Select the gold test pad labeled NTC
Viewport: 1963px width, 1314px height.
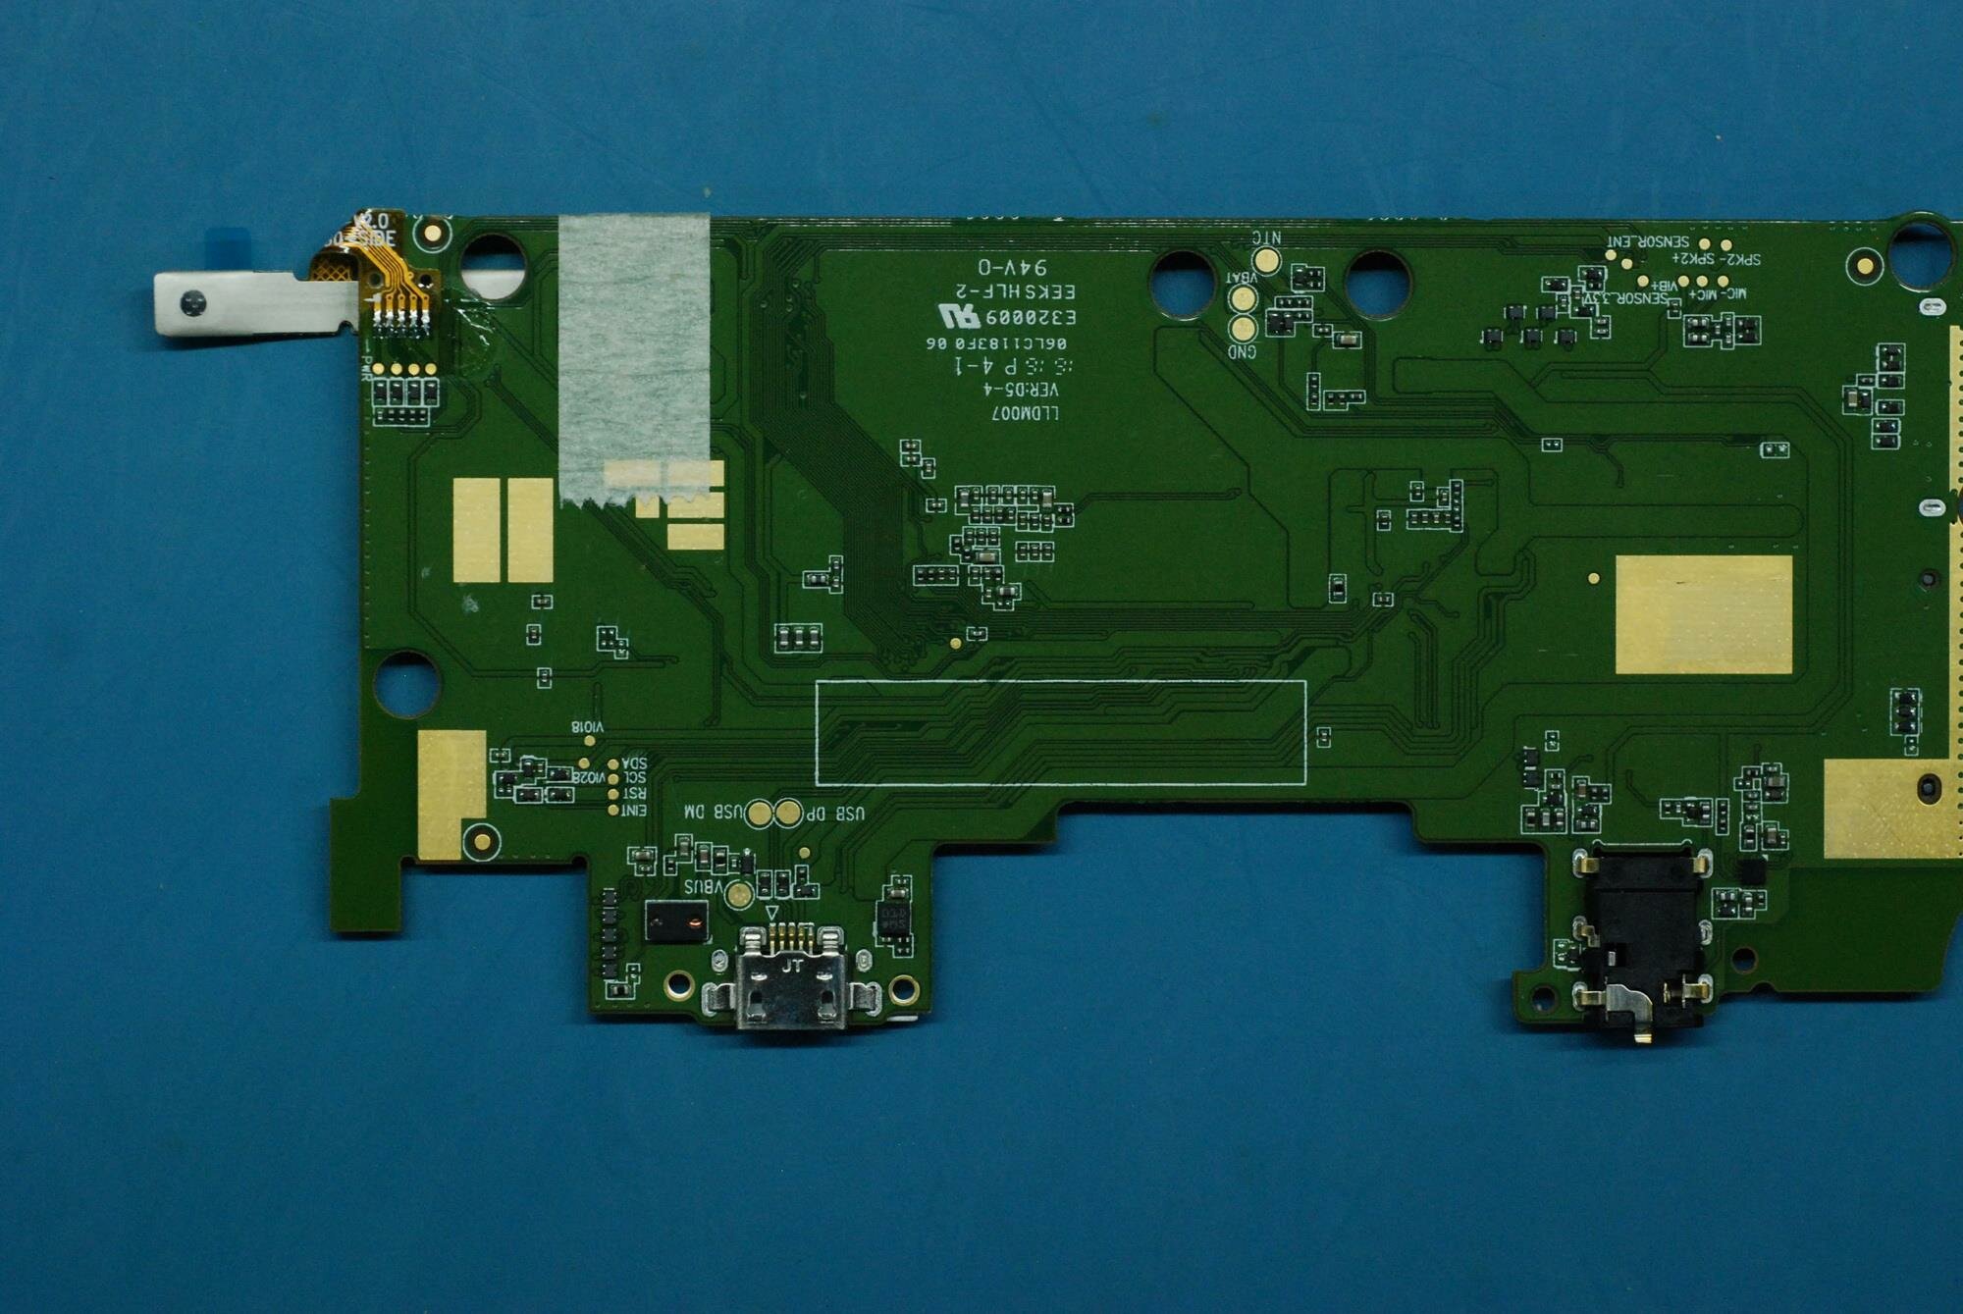1267,260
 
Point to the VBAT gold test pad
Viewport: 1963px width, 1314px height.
1244,297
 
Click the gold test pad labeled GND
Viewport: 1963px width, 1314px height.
1244,328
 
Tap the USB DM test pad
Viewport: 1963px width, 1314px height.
760,813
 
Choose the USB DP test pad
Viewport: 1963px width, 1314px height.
788,813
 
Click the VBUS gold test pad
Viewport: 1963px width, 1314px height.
739,894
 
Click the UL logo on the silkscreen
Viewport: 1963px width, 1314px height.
958,316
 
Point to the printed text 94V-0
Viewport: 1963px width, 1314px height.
1012,267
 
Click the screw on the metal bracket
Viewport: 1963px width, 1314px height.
193,304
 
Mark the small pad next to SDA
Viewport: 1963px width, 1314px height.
613,763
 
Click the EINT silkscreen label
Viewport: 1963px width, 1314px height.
634,811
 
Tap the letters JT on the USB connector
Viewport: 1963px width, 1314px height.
792,966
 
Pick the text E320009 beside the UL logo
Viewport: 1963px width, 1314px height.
1031,318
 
